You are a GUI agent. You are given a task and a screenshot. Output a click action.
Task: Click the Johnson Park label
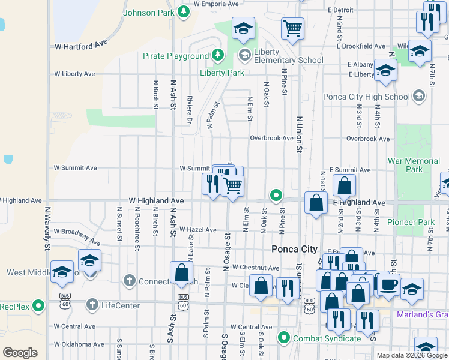click(x=148, y=13)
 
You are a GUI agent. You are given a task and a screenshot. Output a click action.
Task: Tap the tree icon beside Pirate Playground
click(x=218, y=56)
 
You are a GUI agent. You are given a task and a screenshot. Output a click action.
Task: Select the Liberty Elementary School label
click(x=288, y=56)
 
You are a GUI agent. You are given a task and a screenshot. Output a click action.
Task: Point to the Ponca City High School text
click(x=366, y=97)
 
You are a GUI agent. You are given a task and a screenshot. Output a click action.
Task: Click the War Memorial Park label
click(x=414, y=165)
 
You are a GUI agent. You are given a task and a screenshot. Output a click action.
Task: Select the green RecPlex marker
click(x=39, y=306)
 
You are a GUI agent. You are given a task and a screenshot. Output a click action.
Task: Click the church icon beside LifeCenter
click(x=92, y=305)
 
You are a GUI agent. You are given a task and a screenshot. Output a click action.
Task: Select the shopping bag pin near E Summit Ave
click(x=344, y=185)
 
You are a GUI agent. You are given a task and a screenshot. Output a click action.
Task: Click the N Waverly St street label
click(x=47, y=228)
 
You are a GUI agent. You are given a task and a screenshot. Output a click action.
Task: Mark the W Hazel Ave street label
click(x=197, y=230)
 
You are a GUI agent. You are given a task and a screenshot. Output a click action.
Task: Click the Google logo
click(x=20, y=353)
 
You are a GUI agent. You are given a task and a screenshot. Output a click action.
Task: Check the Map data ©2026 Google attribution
click(x=411, y=355)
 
